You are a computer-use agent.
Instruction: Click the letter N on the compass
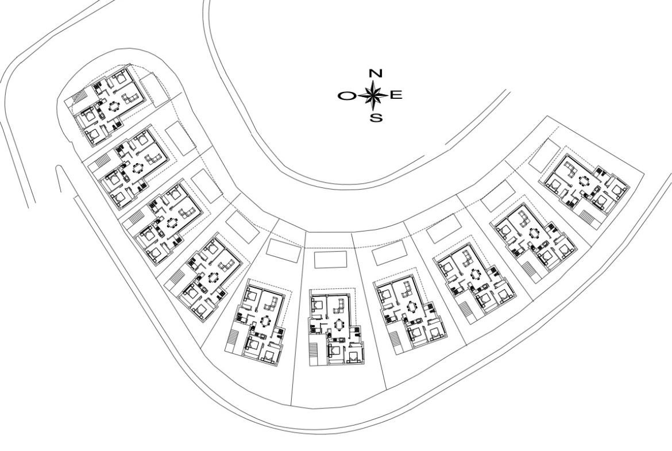(376, 74)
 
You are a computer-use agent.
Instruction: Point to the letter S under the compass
(376, 117)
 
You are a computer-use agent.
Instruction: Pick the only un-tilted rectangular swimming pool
(330, 260)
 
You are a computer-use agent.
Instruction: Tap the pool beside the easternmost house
(544, 156)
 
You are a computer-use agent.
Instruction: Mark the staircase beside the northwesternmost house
(80, 97)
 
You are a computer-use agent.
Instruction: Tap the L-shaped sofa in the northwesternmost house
(130, 100)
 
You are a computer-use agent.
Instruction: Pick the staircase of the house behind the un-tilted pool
(313, 354)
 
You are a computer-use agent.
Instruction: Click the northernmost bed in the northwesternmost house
(119, 78)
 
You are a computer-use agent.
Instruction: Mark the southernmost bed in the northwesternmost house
(94, 136)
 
